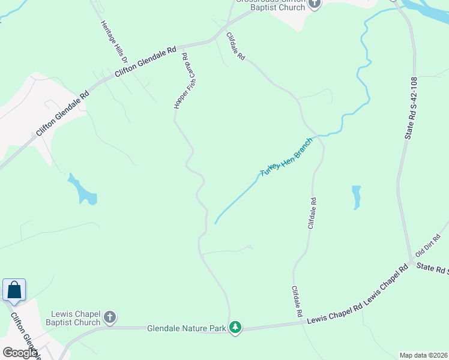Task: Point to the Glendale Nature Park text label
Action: (x=186, y=328)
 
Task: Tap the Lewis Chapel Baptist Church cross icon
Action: (x=109, y=316)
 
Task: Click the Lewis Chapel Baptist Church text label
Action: (x=76, y=318)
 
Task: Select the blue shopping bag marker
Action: (x=14, y=290)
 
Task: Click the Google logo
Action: (x=20, y=352)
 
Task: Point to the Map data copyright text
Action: (x=424, y=355)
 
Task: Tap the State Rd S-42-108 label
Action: (x=410, y=108)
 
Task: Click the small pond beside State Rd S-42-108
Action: (x=356, y=197)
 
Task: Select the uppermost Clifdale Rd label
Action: (x=236, y=46)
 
